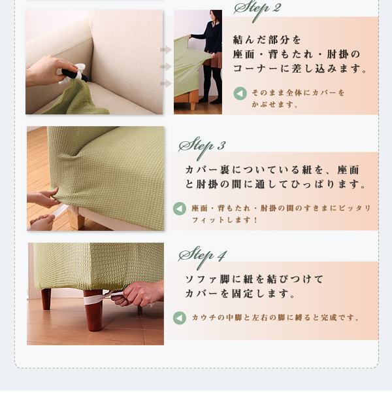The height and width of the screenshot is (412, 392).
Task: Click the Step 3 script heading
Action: tap(202, 146)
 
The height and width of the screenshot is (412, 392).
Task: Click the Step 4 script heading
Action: tap(203, 256)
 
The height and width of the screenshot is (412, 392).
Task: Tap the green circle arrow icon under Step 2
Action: tap(240, 94)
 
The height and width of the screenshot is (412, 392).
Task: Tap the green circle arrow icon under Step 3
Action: tap(180, 209)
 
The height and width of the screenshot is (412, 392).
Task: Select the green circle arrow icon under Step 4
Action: tap(180, 318)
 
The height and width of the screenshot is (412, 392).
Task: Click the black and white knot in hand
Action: tap(73, 73)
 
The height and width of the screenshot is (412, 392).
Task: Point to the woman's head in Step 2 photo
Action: tap(216, 16)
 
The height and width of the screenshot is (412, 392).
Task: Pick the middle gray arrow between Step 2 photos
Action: tap(166, 67)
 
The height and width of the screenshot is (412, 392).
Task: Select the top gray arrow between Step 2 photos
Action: tap(166, 50)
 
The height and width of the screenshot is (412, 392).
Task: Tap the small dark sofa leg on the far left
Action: tap(46, 299)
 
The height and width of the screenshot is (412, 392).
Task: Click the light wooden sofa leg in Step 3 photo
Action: tap(76, 218)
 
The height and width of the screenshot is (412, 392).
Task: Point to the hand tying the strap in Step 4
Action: tap(139, 293)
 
